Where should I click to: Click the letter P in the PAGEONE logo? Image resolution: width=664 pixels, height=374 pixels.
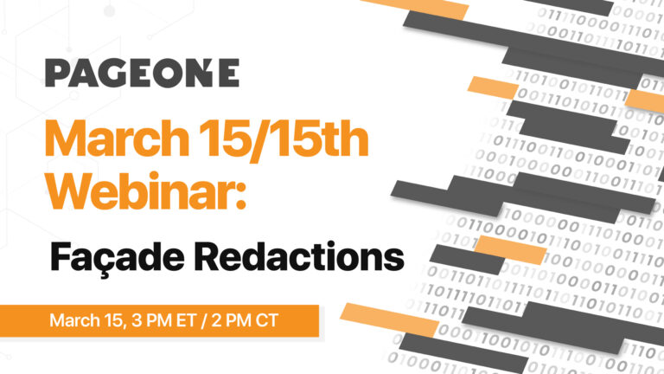point(56,73)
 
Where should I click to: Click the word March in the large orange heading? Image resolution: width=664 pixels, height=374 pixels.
point(117,139)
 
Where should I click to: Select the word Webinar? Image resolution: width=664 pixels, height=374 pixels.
point(140,190)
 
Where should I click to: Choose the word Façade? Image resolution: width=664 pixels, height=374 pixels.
point(118,257)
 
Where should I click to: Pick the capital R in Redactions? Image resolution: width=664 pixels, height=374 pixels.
point(207,256)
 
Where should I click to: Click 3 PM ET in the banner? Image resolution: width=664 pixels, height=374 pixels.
point(164,320)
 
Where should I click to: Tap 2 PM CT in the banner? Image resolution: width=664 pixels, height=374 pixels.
point(245,320)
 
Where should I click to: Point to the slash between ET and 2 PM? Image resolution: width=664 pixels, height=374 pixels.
point(204,320)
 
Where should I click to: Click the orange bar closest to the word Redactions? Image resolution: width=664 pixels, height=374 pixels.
point(510,250)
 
